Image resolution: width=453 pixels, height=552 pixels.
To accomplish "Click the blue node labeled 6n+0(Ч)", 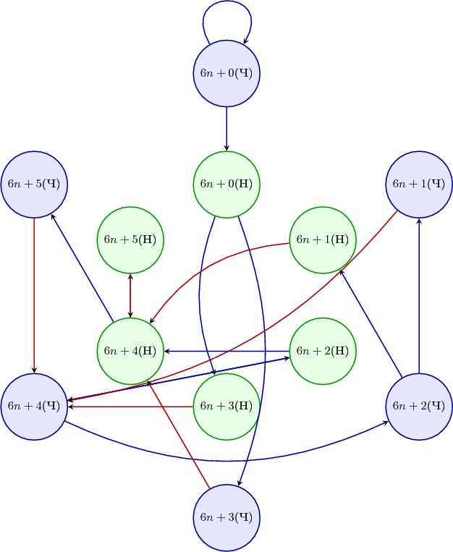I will click(226, 73).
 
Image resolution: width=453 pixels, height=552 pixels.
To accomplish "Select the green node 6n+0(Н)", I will click(226, 184).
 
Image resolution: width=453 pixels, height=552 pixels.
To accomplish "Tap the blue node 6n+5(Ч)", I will click(34, 184).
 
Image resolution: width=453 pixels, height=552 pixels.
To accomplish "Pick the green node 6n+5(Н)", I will click(130, 239).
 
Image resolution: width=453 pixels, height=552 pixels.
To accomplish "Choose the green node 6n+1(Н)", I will click(323, 239).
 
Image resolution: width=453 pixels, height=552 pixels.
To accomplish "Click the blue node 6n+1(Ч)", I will click(419, 184).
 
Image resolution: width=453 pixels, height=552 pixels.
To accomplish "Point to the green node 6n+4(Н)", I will click(130, 351).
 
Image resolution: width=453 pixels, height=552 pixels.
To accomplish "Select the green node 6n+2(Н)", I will click(323, 351).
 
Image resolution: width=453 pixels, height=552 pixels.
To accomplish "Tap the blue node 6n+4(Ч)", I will click(34, 406).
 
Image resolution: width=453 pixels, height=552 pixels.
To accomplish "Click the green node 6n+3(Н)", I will click(226, 406).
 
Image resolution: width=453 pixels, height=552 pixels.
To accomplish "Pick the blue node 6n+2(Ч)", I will click(419, 406).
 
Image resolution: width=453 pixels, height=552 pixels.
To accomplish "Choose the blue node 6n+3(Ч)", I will click(226, 517).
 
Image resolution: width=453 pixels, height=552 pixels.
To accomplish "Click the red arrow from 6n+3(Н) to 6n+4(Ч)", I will click(130, 407).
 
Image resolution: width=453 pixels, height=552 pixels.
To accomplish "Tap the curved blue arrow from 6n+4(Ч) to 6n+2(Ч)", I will click(226, 459).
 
